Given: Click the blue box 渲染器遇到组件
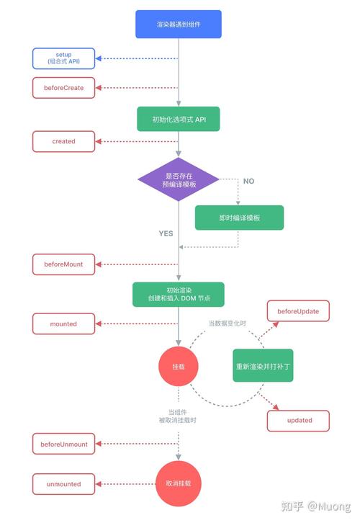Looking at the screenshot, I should (x=179, y=24).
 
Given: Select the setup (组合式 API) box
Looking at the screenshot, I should (x=63, y=58).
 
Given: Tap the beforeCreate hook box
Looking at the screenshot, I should (x=63, y=88).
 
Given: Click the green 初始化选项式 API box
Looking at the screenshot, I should (x=179, y=119).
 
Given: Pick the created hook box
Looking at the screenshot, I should (x=63, y=141).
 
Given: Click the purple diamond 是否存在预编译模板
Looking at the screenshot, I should (x=179, y=180).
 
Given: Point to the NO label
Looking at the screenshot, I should (x=248, y=181).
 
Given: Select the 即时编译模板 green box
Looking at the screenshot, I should (x=239, y=218).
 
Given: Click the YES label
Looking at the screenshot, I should (x=166, y=233).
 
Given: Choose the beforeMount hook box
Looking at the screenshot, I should (x=63, y=264).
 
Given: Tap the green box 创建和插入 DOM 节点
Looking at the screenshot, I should (x=179, y=294).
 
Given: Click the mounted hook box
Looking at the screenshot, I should (x=63, y=324).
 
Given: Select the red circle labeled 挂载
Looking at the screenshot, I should (x=179, y=367).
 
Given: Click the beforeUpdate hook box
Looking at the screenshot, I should (x=298, y=312).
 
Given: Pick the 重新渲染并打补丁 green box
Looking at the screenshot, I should (x=263, y=366).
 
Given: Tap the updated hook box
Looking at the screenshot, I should (x=299, y=420).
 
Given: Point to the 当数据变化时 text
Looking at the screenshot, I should (x=228, y=324).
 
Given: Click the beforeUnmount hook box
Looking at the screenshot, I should (x=63, y=444).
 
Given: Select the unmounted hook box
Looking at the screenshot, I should (x=63, y=484).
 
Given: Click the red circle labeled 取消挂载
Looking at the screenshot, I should (x=179, y=484).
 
